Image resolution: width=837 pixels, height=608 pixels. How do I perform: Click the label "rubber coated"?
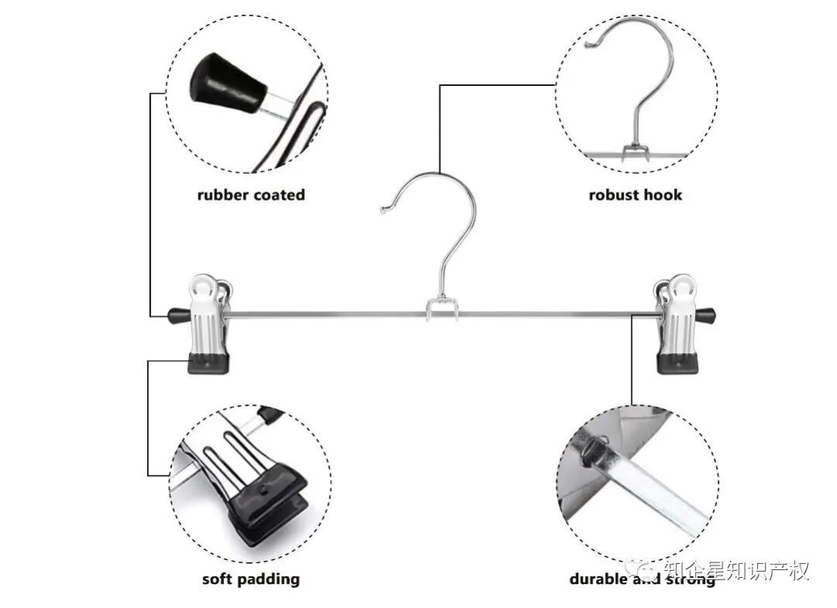tap(251, 194)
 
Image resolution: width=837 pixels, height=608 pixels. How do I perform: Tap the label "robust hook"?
tap(635, 194)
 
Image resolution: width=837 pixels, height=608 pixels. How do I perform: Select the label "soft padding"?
tap(251, 579)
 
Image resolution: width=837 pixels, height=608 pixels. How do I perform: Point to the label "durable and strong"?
tap(642, 579)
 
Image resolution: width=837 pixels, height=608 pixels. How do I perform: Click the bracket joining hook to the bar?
tap(441, 310)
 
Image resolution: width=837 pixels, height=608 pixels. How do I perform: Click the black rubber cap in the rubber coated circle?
tap(226, 84)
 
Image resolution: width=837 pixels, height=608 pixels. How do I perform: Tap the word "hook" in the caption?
tap(663, 194)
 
